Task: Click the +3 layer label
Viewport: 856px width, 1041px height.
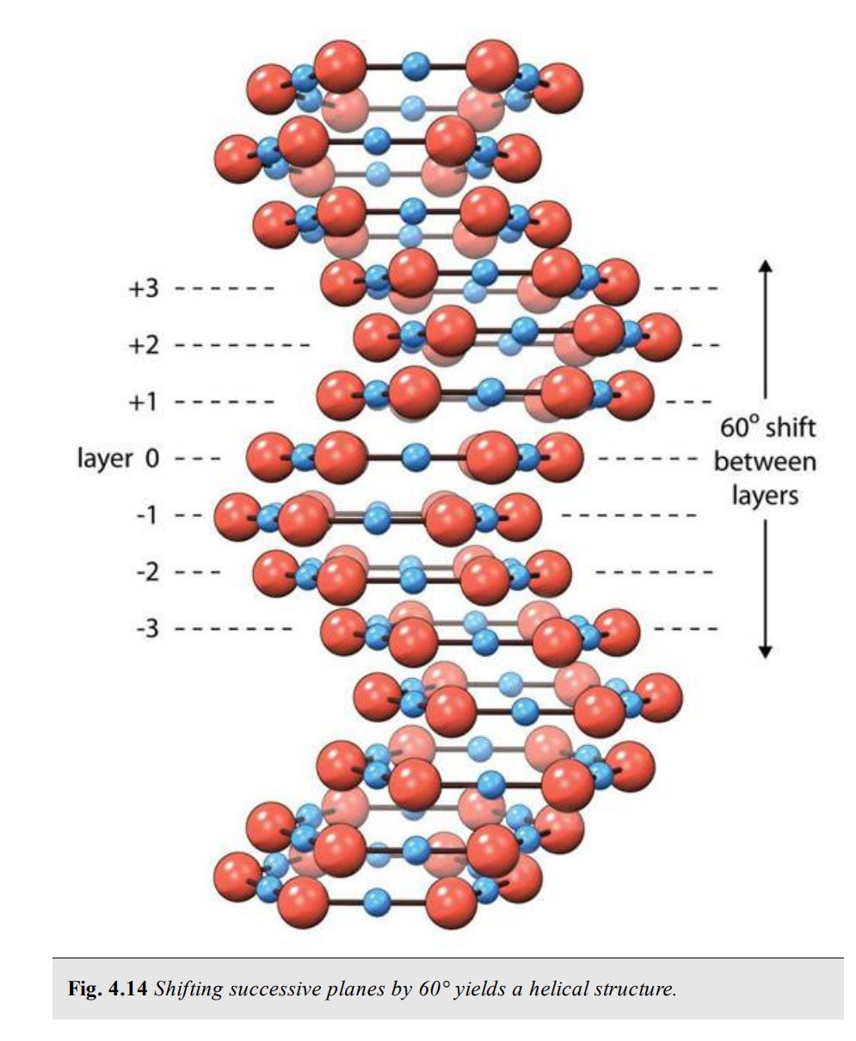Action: tap(144, 288)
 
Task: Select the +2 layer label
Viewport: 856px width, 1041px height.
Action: tap(144, 346)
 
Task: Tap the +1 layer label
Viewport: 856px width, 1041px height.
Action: tap(144, 402)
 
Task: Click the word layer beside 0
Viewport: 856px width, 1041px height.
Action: tap(105, 458)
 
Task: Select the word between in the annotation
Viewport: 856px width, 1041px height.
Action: tap(765, 461)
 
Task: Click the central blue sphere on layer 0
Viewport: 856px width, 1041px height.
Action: tap(416, 457)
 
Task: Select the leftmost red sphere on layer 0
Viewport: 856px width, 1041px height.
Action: tap(271, 457)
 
